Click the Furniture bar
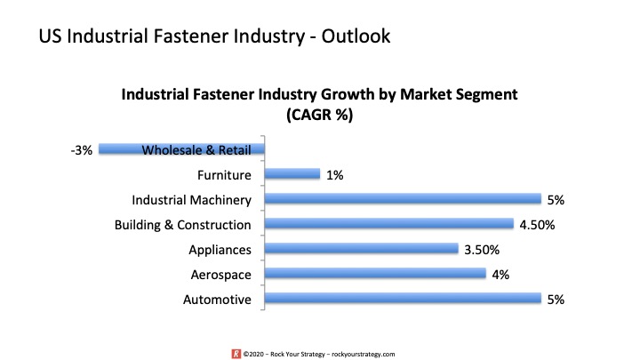pos(292,174)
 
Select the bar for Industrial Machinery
pos(403,199)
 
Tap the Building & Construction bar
pos(389,224)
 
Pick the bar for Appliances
pos(361,249)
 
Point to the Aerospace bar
pos(375,274)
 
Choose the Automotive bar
pos(403,299)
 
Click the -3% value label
pos(82,150)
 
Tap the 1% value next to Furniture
pos(335,175)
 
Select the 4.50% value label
pos(537,225)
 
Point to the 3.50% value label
pos(482,250)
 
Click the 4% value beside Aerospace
pos(500,275)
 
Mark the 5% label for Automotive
pos(556,300)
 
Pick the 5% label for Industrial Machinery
pos(556,200)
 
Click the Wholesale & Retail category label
pos(196,150)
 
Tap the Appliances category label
pos(220,250)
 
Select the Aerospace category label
pos(220,275)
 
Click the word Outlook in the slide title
pos(356,36)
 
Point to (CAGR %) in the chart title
pos(320,115)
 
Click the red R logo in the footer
pos(236,354)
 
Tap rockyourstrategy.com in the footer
pos(364,355)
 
